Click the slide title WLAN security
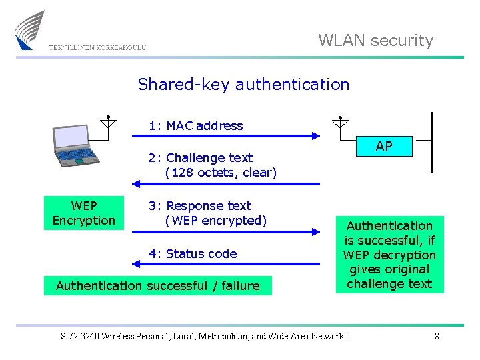click(375, 41)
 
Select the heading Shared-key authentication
click(243, 85)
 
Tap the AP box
click(383, 147)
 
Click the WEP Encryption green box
click(84, 213)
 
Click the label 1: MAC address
click(196, 126)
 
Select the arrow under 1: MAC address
click(227, 136)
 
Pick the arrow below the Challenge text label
click(227, 184)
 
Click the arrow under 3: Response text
click(227, 232)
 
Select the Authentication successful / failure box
click(158, 286)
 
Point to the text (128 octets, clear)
click(221, 173)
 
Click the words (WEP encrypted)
click(215, 221)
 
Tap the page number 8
click(437, 336)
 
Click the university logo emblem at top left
click(30, 30)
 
